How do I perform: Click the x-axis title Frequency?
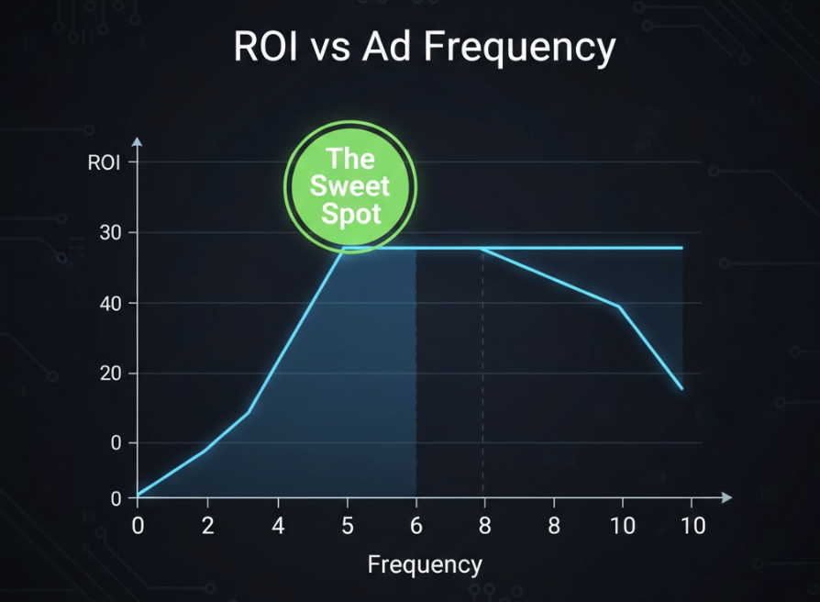(424, 564)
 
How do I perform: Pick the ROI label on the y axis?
(105, 163)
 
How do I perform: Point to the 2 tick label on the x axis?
(207, 527)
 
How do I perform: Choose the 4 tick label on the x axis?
(278, 527)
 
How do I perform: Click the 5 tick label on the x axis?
(347, 527)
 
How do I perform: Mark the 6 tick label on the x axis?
(416, 527)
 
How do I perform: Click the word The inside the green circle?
(350, 159)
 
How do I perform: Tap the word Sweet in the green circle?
(350, 186)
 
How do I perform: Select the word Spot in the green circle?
(350, 215)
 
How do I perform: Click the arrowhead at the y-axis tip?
(137, 142)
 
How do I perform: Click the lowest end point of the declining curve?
(681, 389)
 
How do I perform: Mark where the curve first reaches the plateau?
(344, 248)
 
